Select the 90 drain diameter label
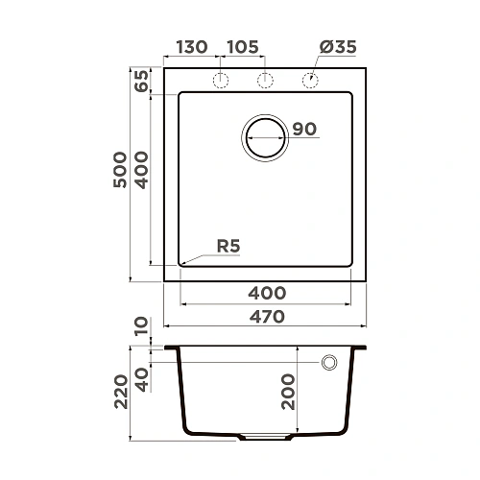pos(304,130)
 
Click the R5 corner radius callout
pos(227,247)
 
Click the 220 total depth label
pos(119,392)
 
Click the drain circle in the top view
pos(266,137)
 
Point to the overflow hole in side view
pos(329,363)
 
